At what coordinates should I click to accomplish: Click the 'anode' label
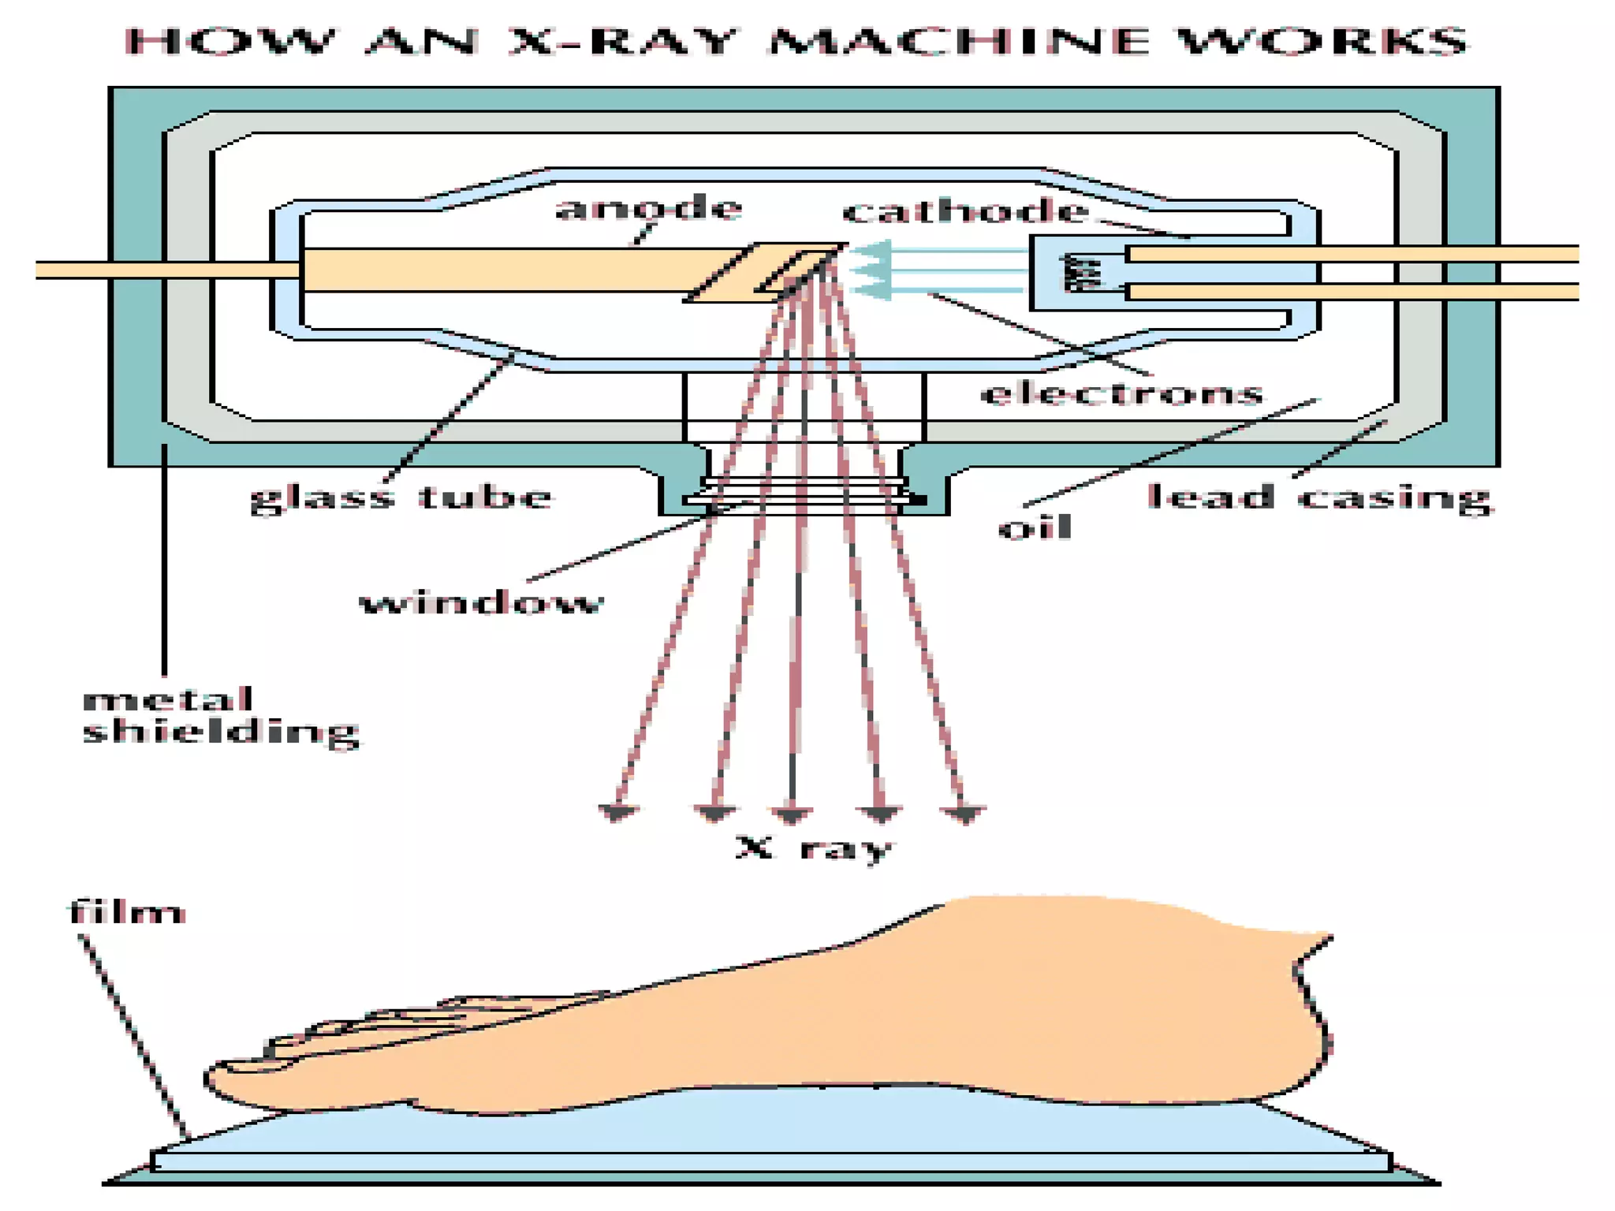click(x=648, y=208)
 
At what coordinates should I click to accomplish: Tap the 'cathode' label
click(x=965, y=211)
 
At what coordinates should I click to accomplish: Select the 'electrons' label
click(x=1121, y=393)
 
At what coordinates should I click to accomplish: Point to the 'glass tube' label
click(x=401, y=497)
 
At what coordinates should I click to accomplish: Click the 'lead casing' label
click(x=1319, y=497)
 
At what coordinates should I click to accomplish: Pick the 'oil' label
click(x=1035, y=527)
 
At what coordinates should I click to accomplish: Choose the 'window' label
click(x=481, y=603)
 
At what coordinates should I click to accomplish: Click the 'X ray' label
click(x=814, y=848)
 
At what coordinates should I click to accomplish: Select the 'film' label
click(x=126, y=913)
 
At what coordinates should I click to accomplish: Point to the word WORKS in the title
click(x=1325, y=41)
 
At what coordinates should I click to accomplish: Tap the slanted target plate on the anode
click(x=763, y=272)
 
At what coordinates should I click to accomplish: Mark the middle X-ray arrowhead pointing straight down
click(x=791, y=814)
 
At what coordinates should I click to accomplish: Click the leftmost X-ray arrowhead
click(x=617, y=813)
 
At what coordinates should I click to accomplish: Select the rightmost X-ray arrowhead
click(x=964, y=814)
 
